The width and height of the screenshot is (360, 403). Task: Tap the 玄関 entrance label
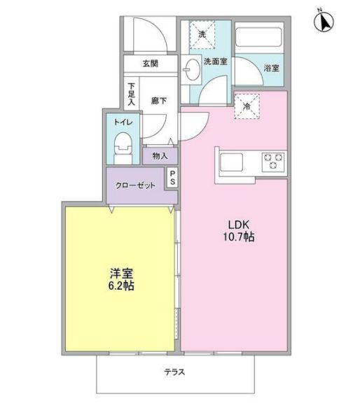pos(151,63)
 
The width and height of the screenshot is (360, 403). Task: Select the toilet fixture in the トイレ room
pos(123,148)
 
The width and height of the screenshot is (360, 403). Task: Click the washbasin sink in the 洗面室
pos(192,69)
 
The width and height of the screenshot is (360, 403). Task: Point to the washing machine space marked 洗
pos(202,34)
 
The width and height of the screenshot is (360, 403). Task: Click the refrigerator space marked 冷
pos(247,106)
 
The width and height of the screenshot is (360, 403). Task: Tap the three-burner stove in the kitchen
pos(273,161)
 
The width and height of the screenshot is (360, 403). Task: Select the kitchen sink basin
pos(231,162)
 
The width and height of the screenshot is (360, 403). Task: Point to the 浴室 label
pos(272,69)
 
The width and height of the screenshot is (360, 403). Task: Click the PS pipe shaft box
pos(172,178)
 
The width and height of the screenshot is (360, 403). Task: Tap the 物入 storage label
pos(160,156)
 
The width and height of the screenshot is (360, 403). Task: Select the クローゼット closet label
pos(135,185)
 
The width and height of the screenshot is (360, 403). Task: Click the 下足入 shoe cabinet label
pos(132,94)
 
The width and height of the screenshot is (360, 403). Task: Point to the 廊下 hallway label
pos(159,101)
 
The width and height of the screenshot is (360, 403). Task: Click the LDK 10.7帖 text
pos(239,231)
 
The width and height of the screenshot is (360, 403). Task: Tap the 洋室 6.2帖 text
pos(121,279)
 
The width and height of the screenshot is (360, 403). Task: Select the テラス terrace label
pos(175,372)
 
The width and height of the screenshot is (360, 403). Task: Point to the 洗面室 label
pos(216,62)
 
